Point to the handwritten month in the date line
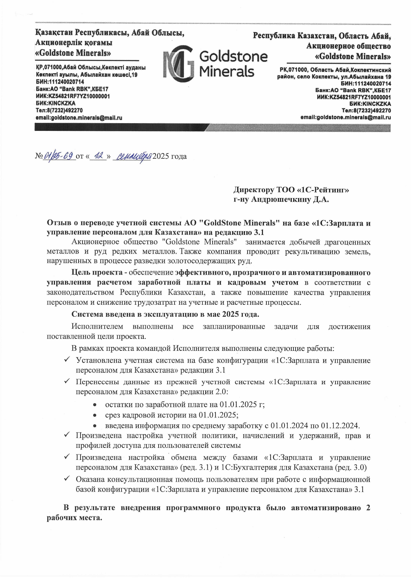(x=132, y=156)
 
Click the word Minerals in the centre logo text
(x=227, y=71)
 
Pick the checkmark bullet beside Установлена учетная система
(x=67, y=359)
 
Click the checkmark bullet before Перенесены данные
(x=67, y=381)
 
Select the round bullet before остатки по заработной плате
(x=95, y=405)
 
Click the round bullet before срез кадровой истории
(x=95, y=415)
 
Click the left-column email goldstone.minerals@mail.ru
(x=79, y=118)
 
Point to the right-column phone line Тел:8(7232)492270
(x=366, y=110)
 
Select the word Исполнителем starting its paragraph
(x=97, y=327)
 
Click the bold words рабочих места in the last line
(x=74, y=518)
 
